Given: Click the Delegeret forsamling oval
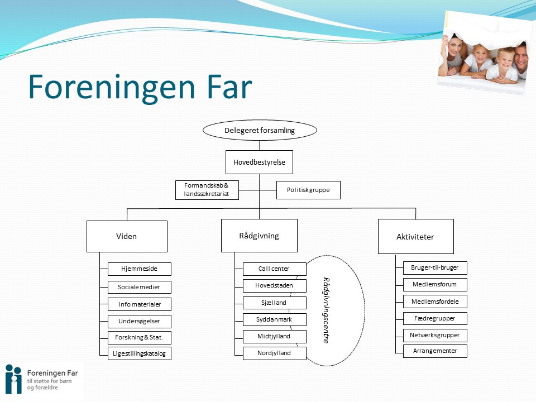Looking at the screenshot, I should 260,130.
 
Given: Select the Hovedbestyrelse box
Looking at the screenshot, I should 259,162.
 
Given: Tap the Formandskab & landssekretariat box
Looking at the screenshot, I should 207,190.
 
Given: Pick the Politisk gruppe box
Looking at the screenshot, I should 308,190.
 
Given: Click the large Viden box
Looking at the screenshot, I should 127,236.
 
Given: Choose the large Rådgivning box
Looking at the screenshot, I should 259,236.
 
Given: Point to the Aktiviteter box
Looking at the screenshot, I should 415,236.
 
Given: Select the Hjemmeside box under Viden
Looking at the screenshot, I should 139,269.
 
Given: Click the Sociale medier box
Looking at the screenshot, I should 139,287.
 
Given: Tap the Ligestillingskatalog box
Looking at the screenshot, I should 139,353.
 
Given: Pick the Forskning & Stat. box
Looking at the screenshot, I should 139,337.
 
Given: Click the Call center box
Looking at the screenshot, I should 274,269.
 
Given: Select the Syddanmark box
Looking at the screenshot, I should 274,319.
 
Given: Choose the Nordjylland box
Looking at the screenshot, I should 274,353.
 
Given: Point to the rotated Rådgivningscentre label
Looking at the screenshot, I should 327,310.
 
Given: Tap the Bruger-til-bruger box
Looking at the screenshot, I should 435,267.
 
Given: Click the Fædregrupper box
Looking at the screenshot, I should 435,318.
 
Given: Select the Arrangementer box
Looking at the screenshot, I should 435,351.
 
